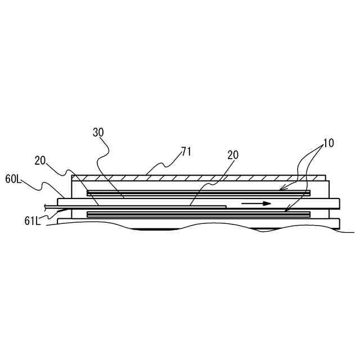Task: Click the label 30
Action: (98, 133)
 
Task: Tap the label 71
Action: (187, 151)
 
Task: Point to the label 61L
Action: (32, 220)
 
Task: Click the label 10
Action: (328, 143)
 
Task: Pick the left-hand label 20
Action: (40, 160)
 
